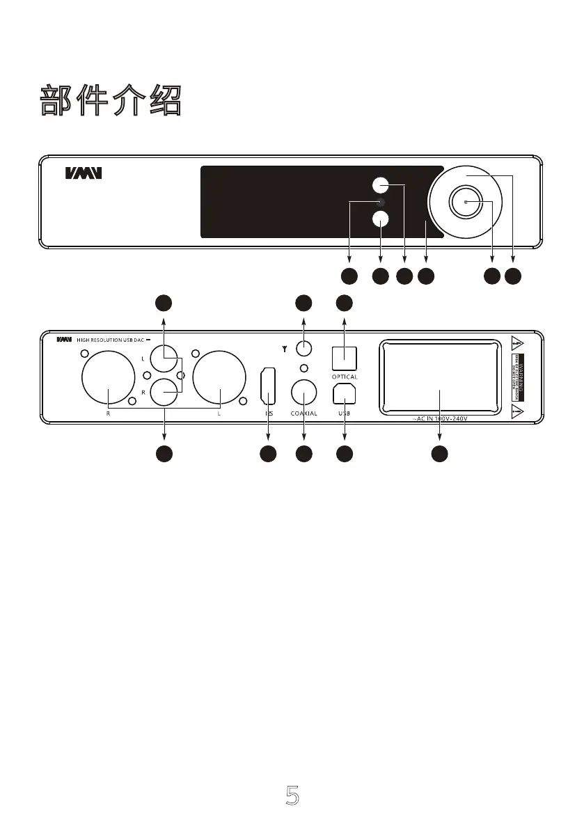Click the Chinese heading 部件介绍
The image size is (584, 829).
111,102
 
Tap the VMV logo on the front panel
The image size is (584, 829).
84,173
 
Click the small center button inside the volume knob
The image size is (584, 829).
465,202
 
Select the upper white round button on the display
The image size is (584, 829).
379,185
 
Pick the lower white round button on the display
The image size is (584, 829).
379,219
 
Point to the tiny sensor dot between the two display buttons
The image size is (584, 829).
379,202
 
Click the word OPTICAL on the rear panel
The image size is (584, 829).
345,377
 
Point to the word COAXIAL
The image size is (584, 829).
304,413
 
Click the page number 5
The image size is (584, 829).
293,795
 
